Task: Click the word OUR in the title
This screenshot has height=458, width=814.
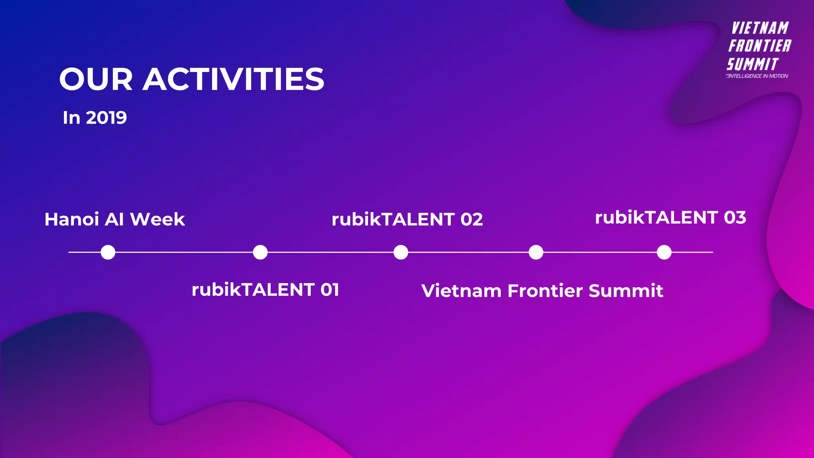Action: click(96, 79)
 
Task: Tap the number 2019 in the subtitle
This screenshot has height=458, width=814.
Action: click(106, 118)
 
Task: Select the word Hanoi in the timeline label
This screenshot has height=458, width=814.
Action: click(72, 219)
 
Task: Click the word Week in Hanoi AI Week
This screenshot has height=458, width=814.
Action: click(157, 219)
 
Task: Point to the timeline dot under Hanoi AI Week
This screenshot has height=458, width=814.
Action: click(108, 252)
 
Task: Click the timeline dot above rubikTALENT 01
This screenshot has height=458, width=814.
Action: click(260, 252)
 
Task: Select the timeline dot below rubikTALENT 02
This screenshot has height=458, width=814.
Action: click(401, 252)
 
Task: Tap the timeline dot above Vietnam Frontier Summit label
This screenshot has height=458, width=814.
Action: click(536, 252)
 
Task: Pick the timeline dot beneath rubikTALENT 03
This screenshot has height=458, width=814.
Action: click(664, 252)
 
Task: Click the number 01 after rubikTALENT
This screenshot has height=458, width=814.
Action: click(329, 290)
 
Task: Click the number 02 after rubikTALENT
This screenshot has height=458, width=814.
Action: click(471, 219)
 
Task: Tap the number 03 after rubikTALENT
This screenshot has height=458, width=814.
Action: click(735, 217)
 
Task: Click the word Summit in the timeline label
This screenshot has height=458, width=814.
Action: click(626, 291)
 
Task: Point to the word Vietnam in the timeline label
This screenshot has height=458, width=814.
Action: click(461, 291)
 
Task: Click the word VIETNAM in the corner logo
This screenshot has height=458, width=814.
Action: click(760, 28)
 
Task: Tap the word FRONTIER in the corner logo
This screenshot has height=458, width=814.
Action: click(760, 46)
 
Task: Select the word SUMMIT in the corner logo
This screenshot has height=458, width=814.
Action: click(752, 64)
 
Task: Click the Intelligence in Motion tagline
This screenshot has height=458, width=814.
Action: click(757, 76)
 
